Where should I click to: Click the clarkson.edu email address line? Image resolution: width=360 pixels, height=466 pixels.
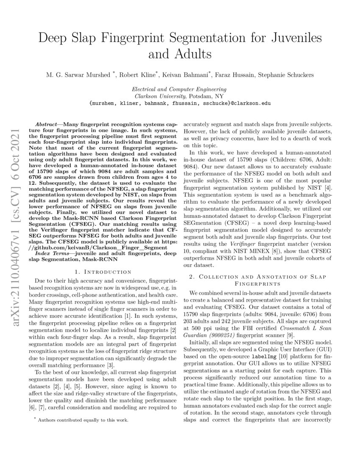click(x=180, y=103)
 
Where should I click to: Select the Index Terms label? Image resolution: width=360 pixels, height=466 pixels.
click(x=51, y=253)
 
